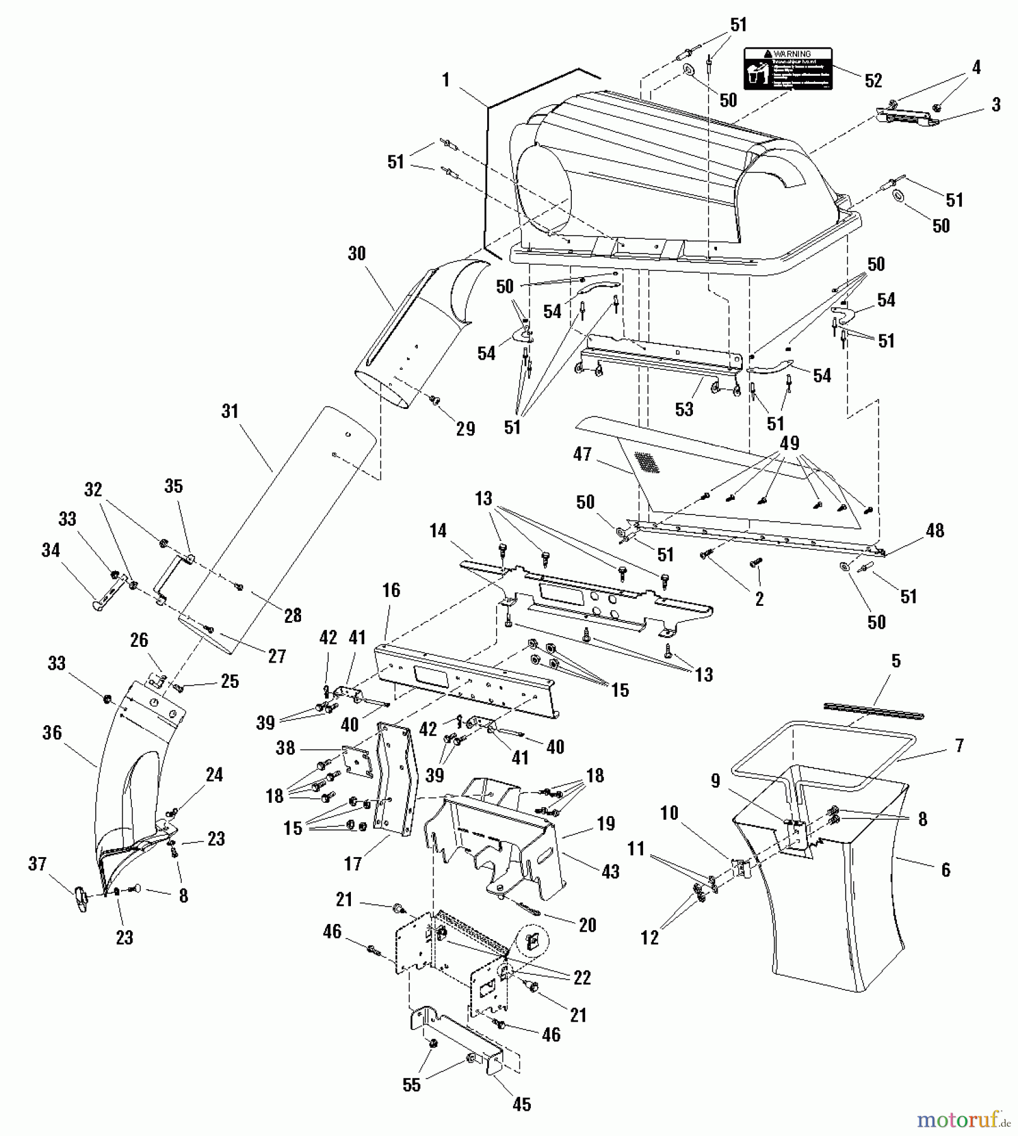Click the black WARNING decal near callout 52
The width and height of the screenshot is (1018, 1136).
[x=788, y=68]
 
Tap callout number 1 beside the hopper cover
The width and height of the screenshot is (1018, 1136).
[x=446, y=80]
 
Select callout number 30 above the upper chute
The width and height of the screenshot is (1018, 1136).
[x=357, y=254]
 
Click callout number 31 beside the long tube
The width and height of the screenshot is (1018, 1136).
[x=230, y=411]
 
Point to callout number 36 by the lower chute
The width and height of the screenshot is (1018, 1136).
[x=52, y=733]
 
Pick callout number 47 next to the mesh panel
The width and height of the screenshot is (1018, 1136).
[x=582, y=454]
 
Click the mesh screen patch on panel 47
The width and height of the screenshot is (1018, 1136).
[x=646, y=462]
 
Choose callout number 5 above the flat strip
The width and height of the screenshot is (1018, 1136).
[x=896, y=661]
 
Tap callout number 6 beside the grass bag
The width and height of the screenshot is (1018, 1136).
[x=945, y=870]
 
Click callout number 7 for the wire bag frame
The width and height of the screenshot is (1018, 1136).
[x=959, y=746]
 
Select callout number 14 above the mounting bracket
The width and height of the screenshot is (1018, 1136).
[x=438, y=531]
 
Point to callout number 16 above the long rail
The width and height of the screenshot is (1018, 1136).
[x=391, y=590]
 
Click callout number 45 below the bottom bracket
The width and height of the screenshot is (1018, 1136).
[x=521, y=1104]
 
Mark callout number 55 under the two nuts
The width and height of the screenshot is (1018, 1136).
[x=411, y=1084]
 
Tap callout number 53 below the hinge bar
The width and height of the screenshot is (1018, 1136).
[x=684, y=409]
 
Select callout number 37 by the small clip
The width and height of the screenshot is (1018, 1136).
[x=37, y=863]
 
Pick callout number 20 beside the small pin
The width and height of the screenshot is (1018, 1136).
[x=588, y=925]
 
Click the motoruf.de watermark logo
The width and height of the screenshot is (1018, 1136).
[x=963, y=1120]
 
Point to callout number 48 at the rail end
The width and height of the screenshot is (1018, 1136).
[x=935, y=531]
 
